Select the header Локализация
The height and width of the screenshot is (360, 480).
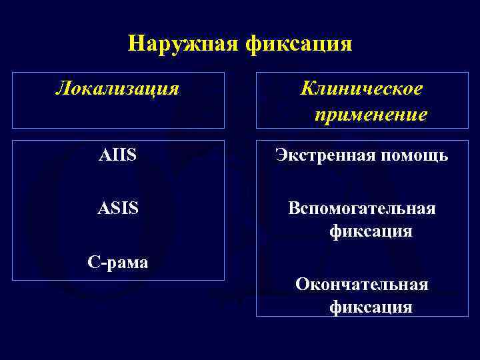point(117,88)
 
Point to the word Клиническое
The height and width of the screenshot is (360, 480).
point(362,88)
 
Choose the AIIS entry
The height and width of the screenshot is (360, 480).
point(117,156)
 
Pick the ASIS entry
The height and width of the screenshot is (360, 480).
point(117,209)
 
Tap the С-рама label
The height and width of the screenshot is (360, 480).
point(118,262)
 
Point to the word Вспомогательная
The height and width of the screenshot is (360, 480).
point(362,209)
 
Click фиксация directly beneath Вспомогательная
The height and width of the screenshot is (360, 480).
point(371,232)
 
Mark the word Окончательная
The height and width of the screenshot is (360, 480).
point(362,285)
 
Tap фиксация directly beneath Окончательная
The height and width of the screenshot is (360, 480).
point(371,307)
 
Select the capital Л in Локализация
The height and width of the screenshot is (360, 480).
point(61,88)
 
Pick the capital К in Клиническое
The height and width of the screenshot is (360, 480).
point(307,88)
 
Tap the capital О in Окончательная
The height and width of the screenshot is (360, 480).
point(302,285)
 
